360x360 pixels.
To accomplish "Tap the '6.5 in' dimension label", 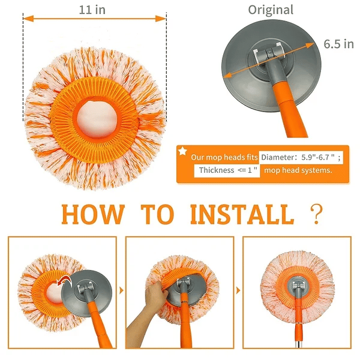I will pos(339,44).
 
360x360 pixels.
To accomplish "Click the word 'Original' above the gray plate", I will pos(271,10).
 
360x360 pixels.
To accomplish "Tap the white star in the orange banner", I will pos(182,151).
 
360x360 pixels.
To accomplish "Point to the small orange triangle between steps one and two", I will pos(121,290).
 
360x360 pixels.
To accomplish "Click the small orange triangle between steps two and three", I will pos(238,290).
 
